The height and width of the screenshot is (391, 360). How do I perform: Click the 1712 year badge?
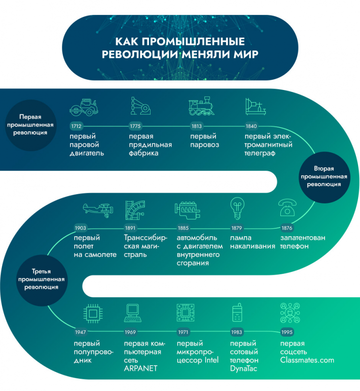click(x=76, y=126)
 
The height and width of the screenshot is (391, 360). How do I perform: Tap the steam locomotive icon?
click(x=202, y=106)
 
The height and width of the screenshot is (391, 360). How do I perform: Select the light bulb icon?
click(x=237, y=208)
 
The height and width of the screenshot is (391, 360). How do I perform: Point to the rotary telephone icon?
click(x=287, y=208)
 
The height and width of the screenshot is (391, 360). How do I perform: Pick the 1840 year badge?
click(x=251, y=126)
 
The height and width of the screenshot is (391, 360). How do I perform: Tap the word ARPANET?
click(x=141, y=368)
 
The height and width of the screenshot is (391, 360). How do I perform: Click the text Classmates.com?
click(x=307, y=360)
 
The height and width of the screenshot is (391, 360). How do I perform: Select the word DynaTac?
click(x=244, y=368)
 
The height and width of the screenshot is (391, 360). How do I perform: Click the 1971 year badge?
click(x=183, y=332)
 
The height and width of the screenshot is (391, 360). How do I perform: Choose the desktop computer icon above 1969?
click(x=133, y=313)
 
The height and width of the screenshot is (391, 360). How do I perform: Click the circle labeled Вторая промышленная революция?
click(x=324, y=177)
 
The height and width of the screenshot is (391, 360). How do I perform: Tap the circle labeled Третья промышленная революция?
click(x=41, y=280)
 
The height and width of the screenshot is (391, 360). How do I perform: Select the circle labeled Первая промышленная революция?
click(x=30, y=125)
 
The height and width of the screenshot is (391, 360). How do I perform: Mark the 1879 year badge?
click(x=237, y=228)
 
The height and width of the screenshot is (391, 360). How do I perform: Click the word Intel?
click(x=212, y=360)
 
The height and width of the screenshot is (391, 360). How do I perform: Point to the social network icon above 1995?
click(x=290, y=313)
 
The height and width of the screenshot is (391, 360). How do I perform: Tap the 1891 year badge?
click(x=130, y=228)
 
